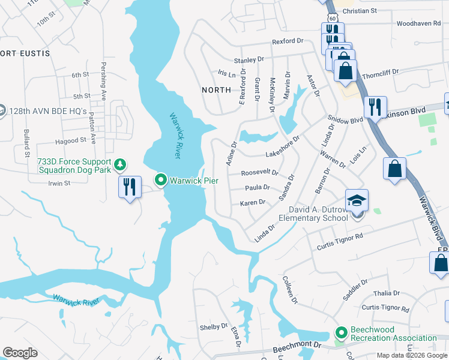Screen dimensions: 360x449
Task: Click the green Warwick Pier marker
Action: pos(161,179)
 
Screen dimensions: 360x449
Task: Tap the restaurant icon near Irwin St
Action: pos(130,188)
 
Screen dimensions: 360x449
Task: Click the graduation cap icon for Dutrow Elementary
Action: pos(357,201)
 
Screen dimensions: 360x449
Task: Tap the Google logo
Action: pos(20,353)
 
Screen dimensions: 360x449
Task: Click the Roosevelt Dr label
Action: pos(259,173)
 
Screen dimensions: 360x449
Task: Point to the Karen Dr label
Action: pos(253,203)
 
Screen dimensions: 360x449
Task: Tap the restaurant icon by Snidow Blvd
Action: pos(375,107)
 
